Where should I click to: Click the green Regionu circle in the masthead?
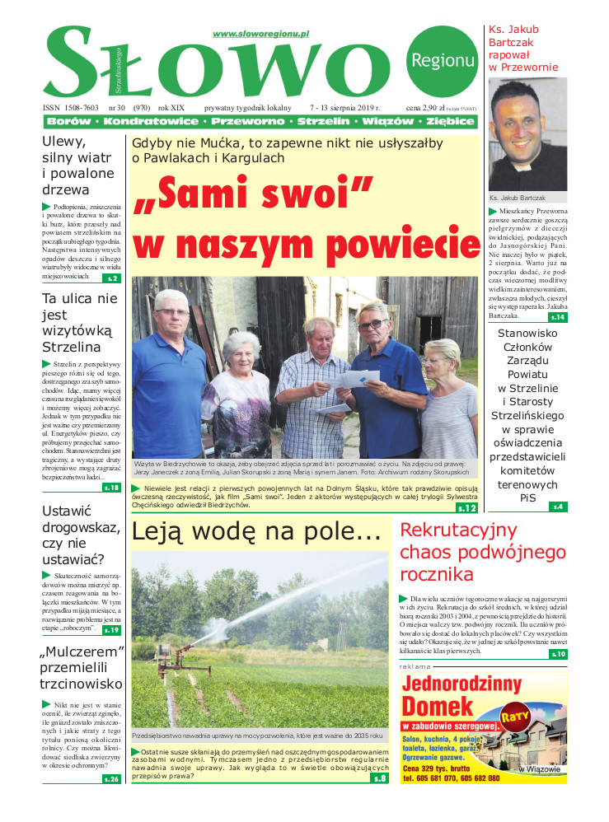[441, 59]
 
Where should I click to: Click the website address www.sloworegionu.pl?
[260, 34]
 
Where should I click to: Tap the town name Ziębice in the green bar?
[449, 121]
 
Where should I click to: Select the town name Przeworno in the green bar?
[246, 121]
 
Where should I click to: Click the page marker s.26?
[111, 778]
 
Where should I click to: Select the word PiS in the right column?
[527, 498]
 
